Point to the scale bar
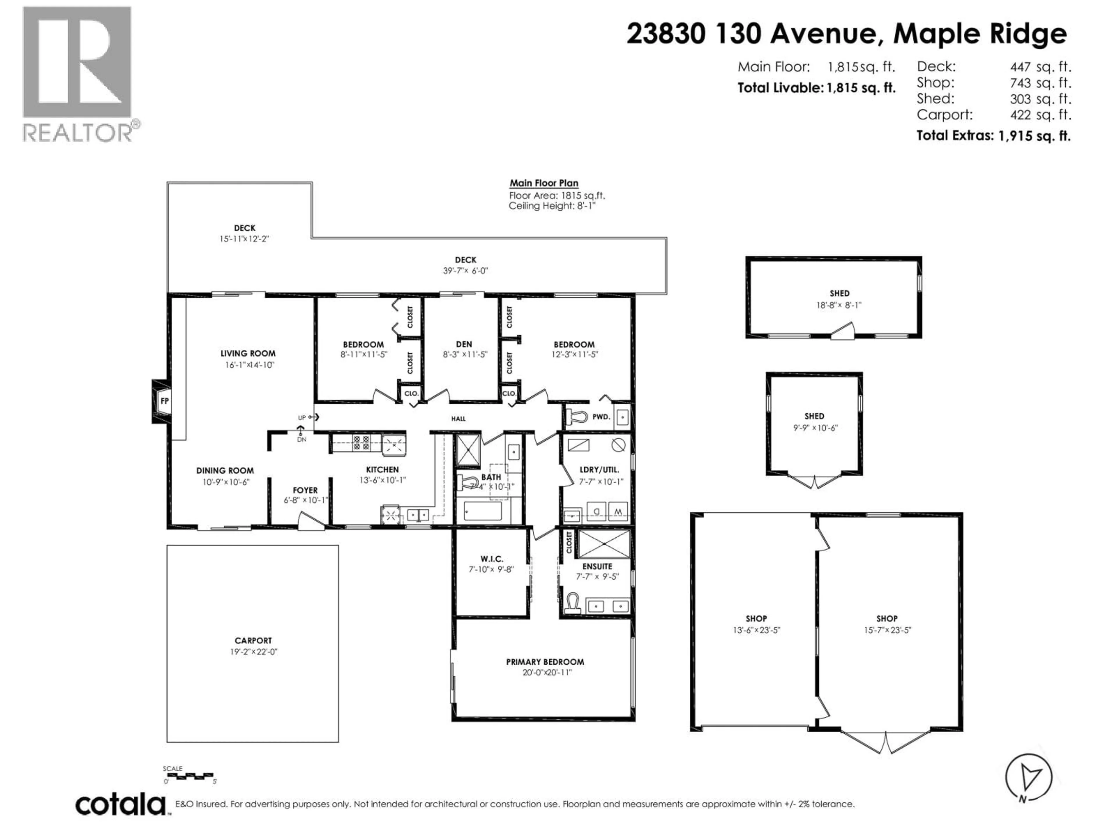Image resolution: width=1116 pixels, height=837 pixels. [x=189, y=775]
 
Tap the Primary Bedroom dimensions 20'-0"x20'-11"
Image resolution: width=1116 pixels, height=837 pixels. [x=546, y=673]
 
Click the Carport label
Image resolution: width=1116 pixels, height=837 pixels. [x=253, y=641]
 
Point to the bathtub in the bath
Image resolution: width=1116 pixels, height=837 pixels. [x=482, y=511]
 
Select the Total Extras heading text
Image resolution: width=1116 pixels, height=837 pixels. [x=955, y=135]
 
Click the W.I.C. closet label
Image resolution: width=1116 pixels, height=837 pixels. [x=492, y=559]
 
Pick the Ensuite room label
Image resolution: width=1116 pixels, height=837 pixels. [x=597, y=567]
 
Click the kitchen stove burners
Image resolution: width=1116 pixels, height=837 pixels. [x=361, y=443]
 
